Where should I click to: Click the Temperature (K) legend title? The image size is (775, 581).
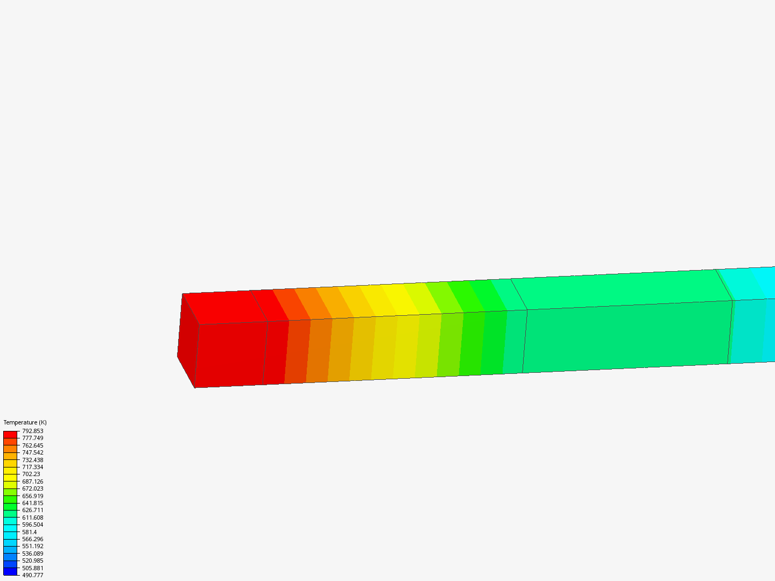[x=25, y=422]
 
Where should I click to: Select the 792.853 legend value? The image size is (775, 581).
[x=32, y=431]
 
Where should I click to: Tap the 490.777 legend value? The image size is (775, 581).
[x=32, y=575]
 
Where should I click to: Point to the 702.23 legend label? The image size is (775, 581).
[x=31, y=474]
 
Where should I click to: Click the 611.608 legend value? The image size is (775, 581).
[x=32, y=518]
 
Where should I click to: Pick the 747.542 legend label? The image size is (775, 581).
[x=32, y=452]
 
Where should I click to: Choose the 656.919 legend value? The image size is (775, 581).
[x=32, y=496]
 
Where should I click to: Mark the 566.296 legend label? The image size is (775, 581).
[x=32, y=539]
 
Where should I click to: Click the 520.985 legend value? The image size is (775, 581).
[x=32, y=561]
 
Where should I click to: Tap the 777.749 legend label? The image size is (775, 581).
[x=32, y=438]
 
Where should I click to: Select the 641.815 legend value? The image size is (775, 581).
[x=32, y=503]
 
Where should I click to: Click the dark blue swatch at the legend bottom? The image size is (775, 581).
[x=10, y=571]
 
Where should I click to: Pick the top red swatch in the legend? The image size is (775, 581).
[x=10, y=434]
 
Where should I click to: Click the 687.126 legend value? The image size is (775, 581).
[x=32, y=481]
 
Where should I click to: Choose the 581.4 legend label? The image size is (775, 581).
[x=29, y=532]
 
